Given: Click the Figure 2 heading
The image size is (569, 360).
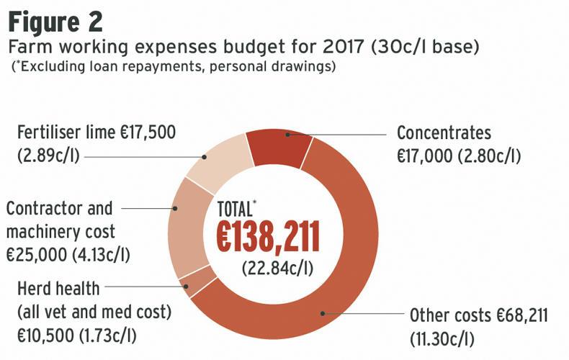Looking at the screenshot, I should [x=55, y=22].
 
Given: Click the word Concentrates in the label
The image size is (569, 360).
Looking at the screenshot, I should [x=444, y=133].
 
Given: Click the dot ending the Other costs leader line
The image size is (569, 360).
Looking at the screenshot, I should [x=323, y=314].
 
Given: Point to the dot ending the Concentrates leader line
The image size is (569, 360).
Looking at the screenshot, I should [x=287, y=134].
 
